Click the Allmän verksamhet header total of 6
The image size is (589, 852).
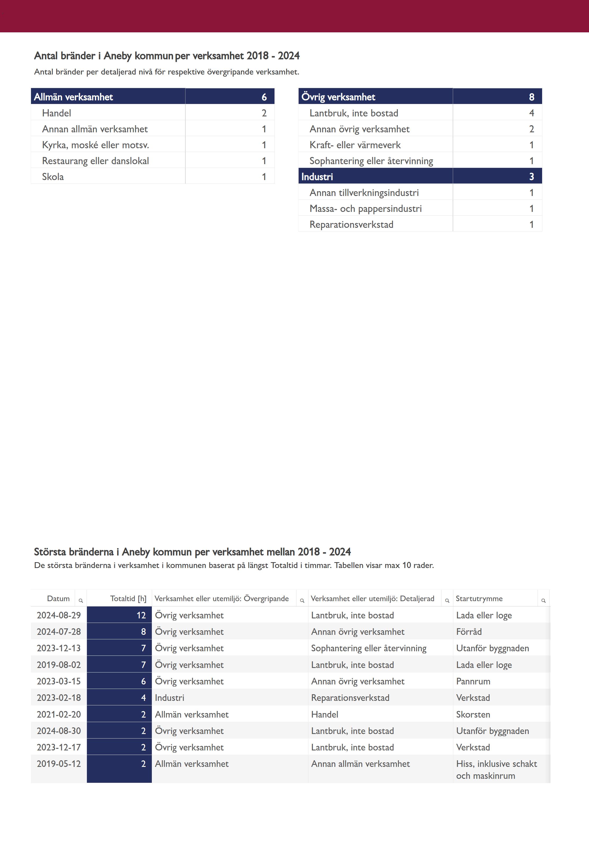(x=264, y=97)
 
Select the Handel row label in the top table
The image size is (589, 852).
(x=56, y=113)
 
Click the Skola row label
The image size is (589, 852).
(x=53, y=177)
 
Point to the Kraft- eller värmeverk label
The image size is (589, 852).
(x=355, y=145)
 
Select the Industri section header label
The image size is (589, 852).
(x=317, y=177)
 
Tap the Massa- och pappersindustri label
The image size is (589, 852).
(x=365, y=209)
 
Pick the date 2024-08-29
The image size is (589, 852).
(x=59, y=615)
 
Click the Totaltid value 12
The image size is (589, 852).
(x=141, y=615)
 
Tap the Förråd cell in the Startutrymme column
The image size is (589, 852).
(x=469, y=632)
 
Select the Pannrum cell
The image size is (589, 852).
(x=473, y=681)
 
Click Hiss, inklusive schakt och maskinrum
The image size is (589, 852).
(x=496, y=770)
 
